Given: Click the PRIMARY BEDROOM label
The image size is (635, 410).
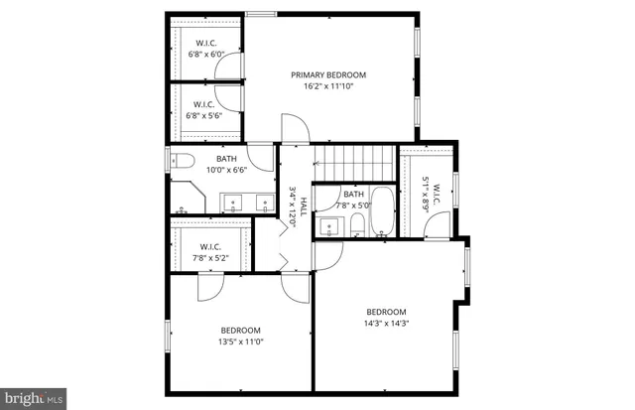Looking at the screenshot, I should (x=328, y=74).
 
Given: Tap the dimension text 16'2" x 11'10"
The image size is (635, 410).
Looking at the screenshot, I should (x=328, y=86).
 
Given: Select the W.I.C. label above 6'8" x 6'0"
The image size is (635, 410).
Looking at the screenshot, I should (x=205, y=43).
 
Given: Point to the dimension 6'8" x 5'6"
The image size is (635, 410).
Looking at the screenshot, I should (x=205, y=115).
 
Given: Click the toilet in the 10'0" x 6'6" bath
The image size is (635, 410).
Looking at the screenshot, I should (x=182, y=162).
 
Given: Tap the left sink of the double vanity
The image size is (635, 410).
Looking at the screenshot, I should (x=234, y=204).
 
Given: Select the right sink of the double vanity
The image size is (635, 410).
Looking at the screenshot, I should (x=264, y=204).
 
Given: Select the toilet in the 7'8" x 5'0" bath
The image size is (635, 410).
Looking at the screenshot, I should (x=355, y=228).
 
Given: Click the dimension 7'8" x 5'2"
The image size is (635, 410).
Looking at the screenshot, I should (x=209, y=258).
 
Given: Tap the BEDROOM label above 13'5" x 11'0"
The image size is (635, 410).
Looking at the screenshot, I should (x=240, y=331).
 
